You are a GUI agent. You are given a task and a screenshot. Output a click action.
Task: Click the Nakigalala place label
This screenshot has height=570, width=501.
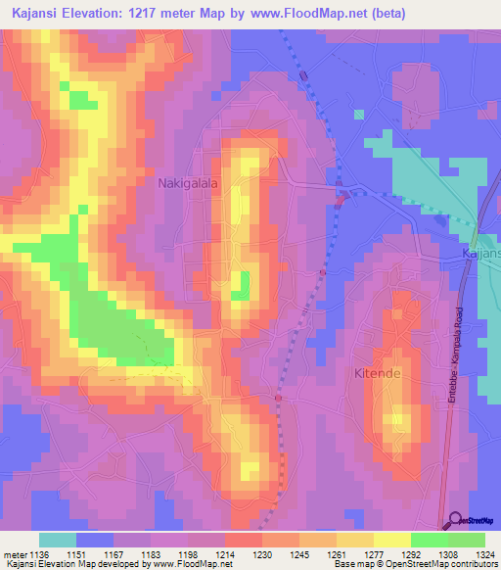(x=188, y=182)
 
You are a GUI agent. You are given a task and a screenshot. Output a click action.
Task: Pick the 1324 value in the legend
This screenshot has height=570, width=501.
(x=485, y=554)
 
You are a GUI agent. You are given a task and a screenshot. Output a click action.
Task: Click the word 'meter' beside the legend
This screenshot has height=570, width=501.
(x=16, y=554)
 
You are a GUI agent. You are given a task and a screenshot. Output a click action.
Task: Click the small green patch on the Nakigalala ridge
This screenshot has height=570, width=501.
(x=240, y=286)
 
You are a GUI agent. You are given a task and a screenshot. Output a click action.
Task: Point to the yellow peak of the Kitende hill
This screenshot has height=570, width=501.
(x=396, y=421)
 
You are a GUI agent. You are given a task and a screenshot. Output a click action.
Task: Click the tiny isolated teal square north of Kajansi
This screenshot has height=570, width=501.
(x=358, y=115)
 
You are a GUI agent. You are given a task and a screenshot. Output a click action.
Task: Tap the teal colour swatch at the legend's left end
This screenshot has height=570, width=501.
(x=57, y=540)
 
